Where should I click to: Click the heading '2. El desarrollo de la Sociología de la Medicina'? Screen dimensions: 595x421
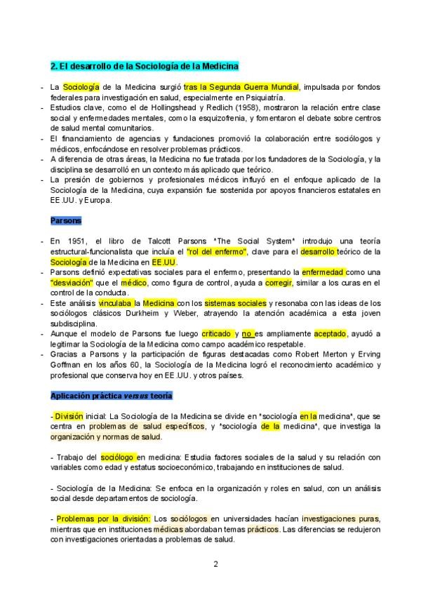145,66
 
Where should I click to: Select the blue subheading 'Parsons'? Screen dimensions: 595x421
66,220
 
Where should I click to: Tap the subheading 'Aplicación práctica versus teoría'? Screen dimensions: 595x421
111,396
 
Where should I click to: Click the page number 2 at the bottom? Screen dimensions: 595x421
216,563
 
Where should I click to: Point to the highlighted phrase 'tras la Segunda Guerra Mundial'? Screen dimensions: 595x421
241,86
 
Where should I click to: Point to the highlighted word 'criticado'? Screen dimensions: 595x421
217,334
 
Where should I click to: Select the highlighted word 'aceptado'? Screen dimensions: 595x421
330,334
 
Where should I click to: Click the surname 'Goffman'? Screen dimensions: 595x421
65,365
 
